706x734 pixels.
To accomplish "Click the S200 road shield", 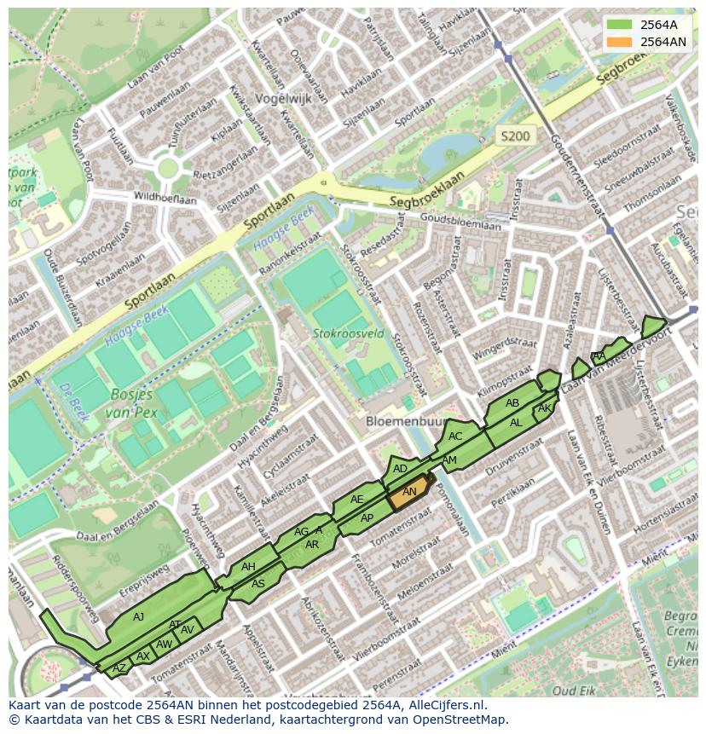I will click(514, 136).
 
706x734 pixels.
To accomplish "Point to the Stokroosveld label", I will click(348, 333).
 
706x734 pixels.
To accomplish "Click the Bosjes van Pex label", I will click(131, 403).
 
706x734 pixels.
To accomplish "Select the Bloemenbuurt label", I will click(407, 421).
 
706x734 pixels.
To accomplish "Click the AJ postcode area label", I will click(139, 616).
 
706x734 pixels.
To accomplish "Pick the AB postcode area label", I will click(512, 403).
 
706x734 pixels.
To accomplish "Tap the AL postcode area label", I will click(516, 423).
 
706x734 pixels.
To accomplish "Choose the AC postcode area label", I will click(455, 436).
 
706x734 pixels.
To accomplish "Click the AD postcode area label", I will click(400, 469).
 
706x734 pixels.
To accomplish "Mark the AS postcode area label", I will click(258, 584).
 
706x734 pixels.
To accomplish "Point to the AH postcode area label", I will click(248, 567).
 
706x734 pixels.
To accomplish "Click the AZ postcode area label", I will click(119, 668).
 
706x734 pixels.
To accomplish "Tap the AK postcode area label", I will click(545, 409).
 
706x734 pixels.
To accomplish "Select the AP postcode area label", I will click(367, 517).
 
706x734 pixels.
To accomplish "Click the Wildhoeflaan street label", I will click(165, 198).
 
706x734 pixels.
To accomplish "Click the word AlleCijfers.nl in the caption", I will click(447, 705).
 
